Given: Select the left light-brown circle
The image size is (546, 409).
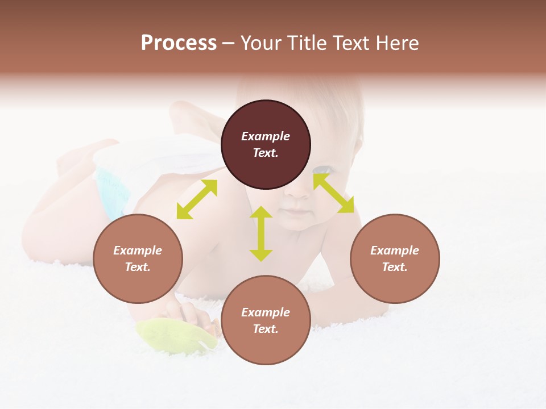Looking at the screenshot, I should (x=138, y=258).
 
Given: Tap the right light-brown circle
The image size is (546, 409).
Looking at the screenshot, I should (x=395, y=258).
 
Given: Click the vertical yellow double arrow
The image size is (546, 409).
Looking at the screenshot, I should (x=261, y=233).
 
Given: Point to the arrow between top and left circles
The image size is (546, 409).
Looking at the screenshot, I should (x=197, y=199).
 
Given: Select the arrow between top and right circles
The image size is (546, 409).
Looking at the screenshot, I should (x=333, y=193).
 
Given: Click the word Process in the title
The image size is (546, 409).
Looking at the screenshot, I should (x=179, y=43).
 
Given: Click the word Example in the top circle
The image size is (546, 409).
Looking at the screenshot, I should (x=266, y=136).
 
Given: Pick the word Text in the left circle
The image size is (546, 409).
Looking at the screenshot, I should (x=138, y=267).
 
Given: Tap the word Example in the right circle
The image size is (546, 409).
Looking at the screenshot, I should (x=395, y=251).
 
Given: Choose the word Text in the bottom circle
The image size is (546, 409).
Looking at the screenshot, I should (x=266, y=329).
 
